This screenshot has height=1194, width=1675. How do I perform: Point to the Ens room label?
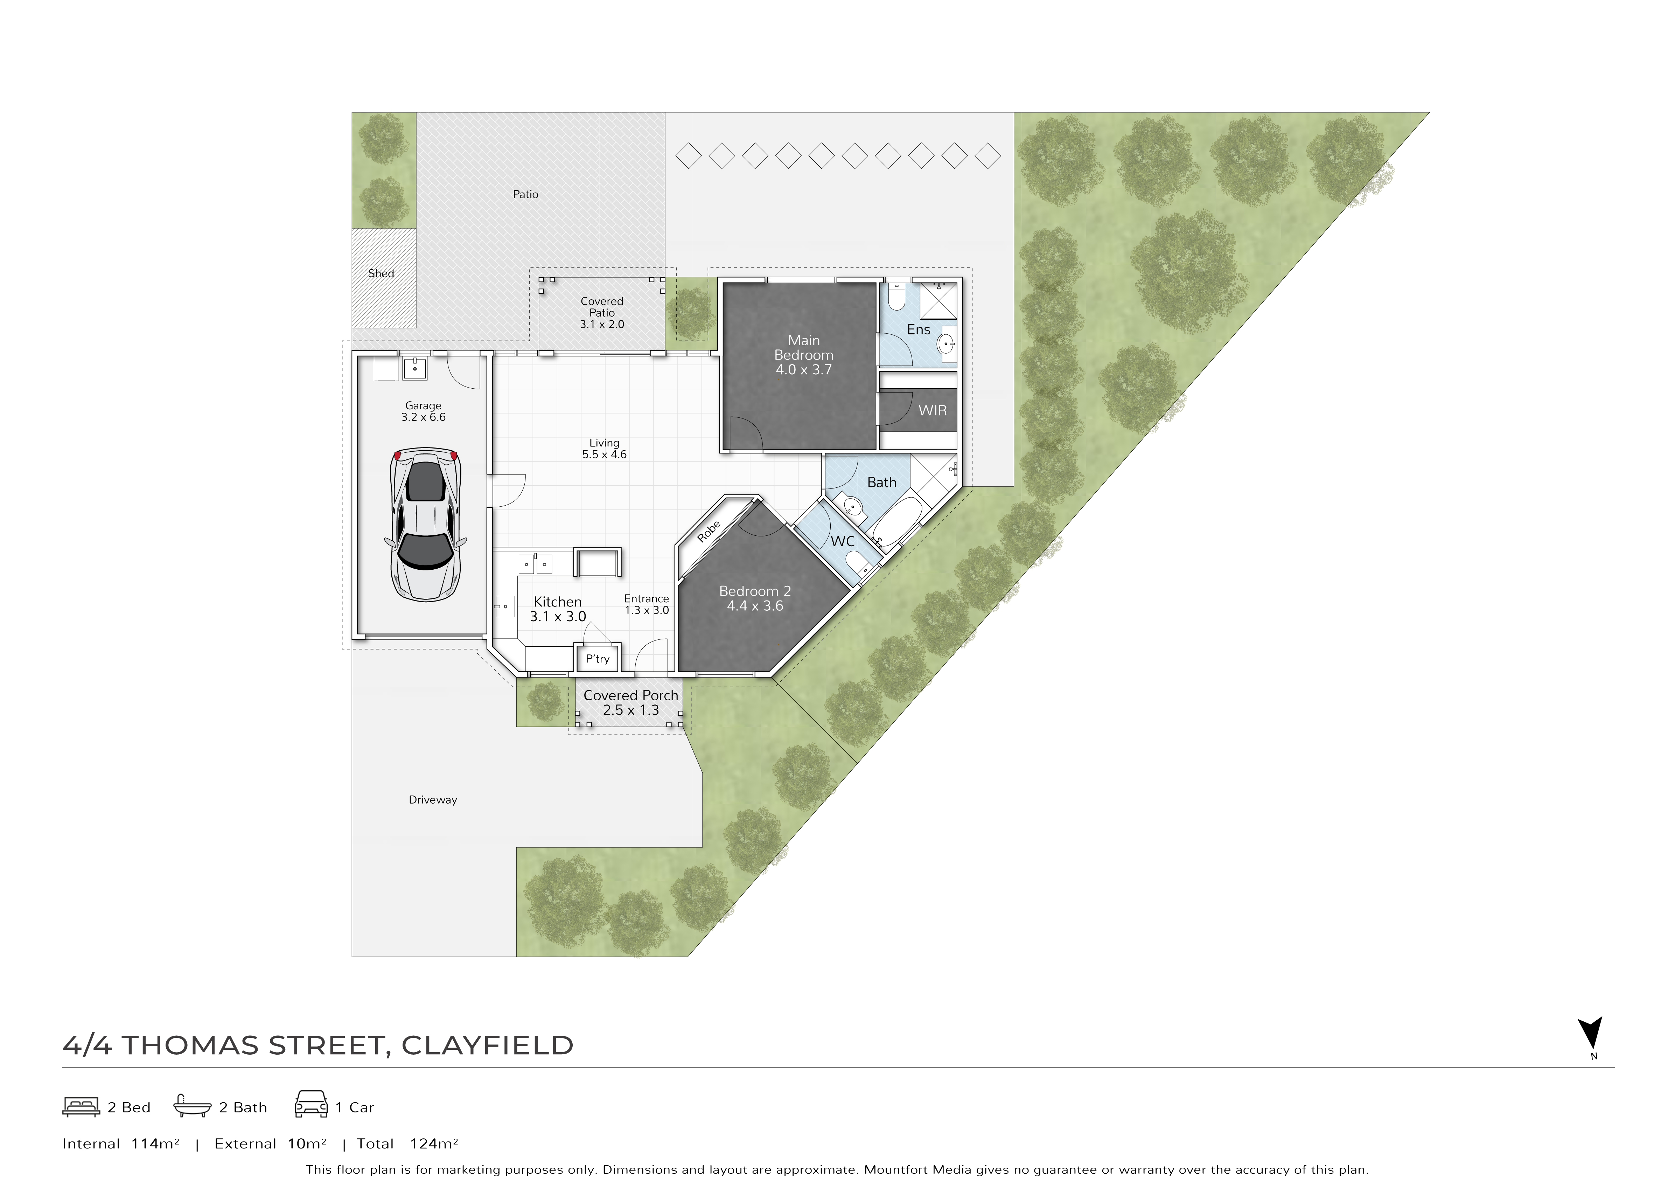(919, 329)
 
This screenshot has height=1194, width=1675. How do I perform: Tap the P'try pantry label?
(598, 659)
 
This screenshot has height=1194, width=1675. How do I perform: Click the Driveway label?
(433, 800)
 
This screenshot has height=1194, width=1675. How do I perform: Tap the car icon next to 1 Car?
(311, 1104)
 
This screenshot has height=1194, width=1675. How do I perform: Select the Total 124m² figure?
(407, 1144)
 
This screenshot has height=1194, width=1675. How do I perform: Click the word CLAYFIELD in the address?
(487, 1046)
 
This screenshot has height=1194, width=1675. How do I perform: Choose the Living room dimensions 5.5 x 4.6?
(604, 454)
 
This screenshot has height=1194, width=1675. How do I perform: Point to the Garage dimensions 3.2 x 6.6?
(423, 417)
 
